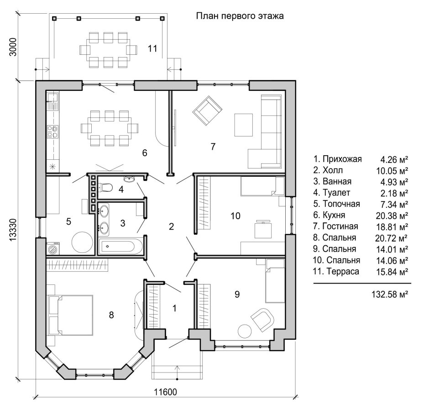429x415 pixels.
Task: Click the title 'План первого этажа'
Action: coord(240,16)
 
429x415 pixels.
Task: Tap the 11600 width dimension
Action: coord(165,392)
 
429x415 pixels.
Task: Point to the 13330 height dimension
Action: coord(13,230)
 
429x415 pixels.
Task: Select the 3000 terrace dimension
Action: coord(13,47)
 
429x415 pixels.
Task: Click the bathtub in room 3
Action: coord(120,247)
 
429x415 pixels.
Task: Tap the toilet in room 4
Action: coord(106,188)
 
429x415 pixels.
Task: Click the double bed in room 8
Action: coord(71,315)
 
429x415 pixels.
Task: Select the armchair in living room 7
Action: coord(207,110)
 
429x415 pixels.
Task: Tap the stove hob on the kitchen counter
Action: coord(52,131)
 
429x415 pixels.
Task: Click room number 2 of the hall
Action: coord(171,226)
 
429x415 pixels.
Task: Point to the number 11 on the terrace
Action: coord(152,49)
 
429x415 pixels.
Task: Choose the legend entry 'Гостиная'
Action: coord(340,226)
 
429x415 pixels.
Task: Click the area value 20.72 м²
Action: coord(392,238)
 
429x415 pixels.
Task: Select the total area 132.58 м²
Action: coord(390,294)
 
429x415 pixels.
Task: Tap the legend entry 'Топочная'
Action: coord(341,204)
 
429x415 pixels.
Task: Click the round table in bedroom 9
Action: coord(244,331)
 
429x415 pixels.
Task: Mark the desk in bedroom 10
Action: coord(263,231)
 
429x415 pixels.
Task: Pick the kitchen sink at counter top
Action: coord(52,97)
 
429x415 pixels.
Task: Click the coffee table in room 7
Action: coord(244,125)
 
